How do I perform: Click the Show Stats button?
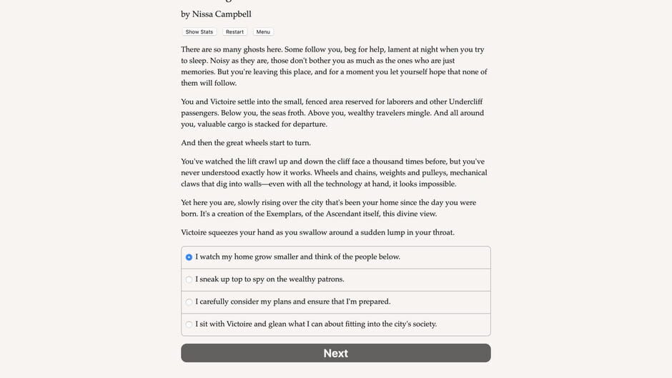click(x=199, y=32)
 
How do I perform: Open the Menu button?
click(x=263, y=32)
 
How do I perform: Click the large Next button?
click(x=335, y=353)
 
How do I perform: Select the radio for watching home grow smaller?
click(x=189, y=257)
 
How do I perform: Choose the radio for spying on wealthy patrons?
click(x=189, y=279)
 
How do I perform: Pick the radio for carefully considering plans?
click(x=189, y=302)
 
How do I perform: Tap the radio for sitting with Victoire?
click(x=189, y=324)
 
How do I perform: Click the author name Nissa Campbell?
click(x=222, y=14)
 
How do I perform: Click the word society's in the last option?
click(x=417, y=324)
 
